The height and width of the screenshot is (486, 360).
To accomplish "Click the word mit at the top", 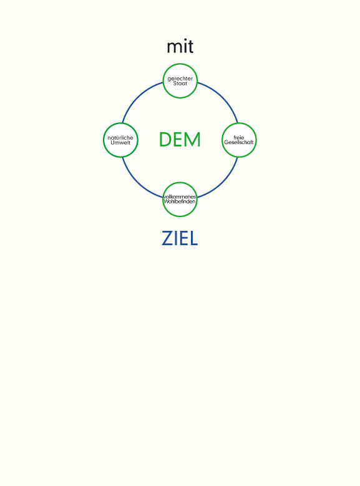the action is (x=180, y=47).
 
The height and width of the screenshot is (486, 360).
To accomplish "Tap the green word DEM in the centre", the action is (x=180, y=140).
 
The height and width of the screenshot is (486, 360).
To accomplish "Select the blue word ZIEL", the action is (x=180, y=239).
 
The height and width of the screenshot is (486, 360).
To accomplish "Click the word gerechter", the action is (x=180, y=79).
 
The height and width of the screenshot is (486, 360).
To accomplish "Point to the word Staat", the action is (x=180, y=84).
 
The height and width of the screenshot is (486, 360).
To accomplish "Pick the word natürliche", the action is (x=120, y=138).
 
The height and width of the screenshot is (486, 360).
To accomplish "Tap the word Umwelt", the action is (x=120, y=143).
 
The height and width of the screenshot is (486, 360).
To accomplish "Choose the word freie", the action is (x=239, y=137).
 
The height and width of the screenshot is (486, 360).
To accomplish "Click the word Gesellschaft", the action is (x=239, y=142).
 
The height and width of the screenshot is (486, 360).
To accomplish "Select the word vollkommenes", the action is (x=180, y=197).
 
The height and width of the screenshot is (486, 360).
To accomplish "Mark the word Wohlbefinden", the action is (x=180, y=202).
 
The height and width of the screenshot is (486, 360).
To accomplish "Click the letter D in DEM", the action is (x=165, y=140).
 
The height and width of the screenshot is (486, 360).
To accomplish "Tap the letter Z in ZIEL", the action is (x=167, y=239).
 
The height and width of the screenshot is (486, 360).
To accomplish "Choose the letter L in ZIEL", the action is (x=194, y=239).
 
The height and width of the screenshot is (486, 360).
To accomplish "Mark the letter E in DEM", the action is (x=179, y=140).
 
